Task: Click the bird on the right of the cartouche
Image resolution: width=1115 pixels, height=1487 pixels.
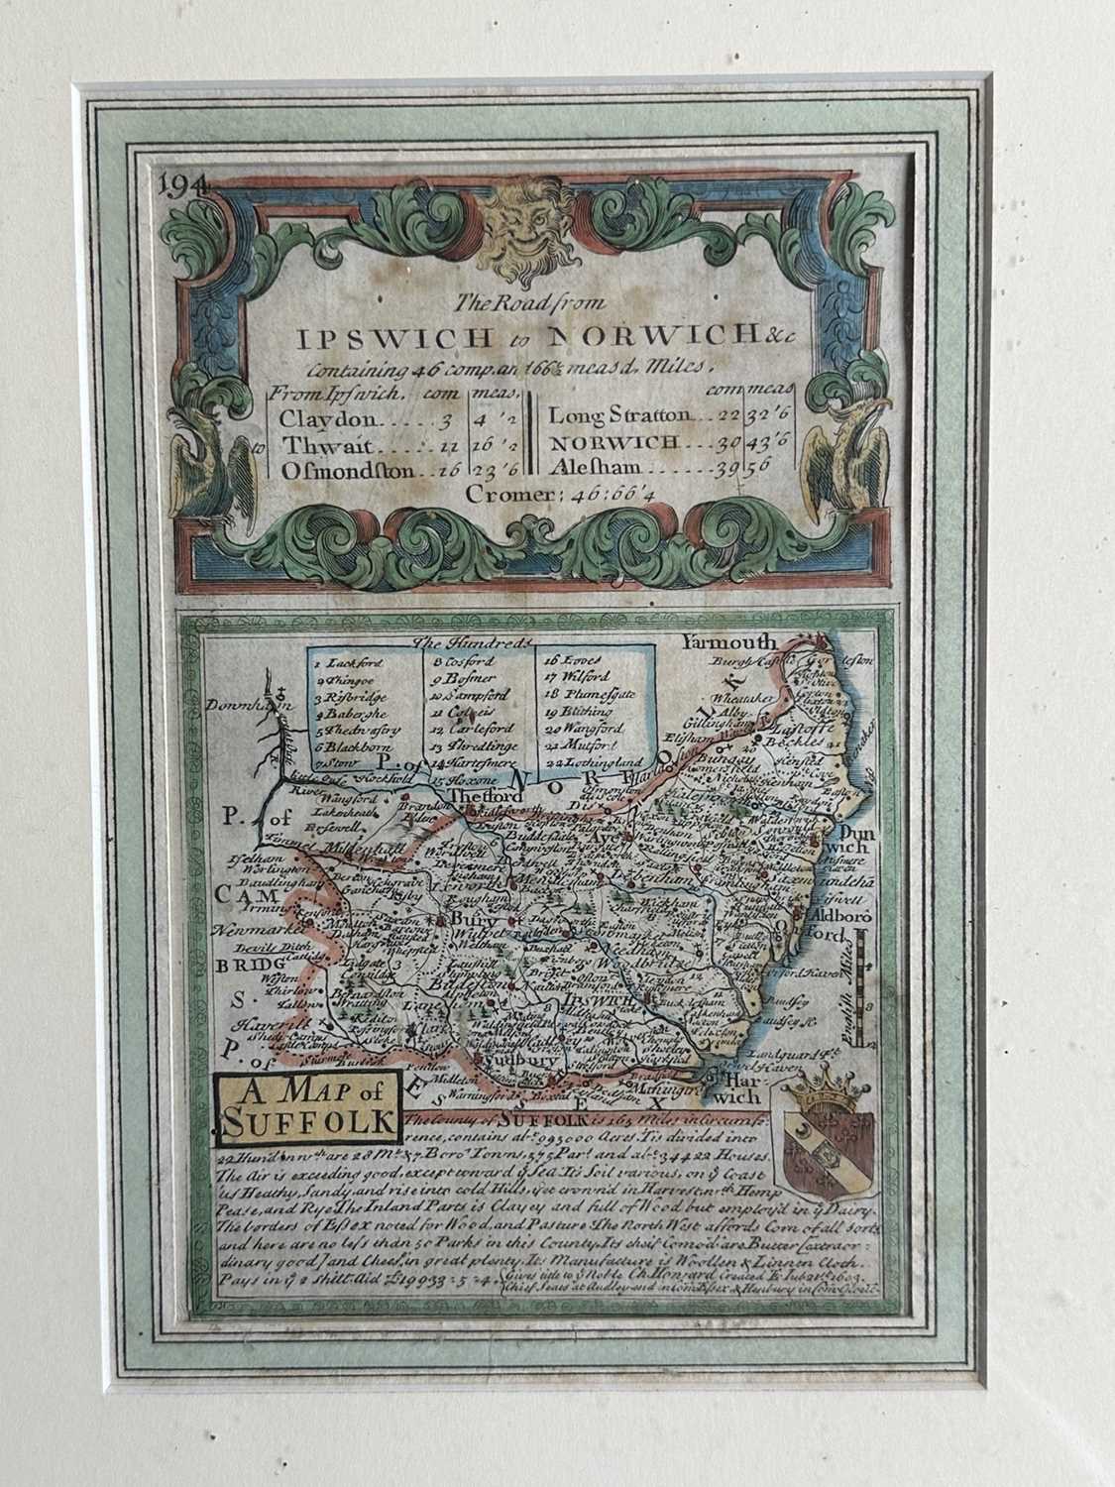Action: [x=836, y=458]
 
